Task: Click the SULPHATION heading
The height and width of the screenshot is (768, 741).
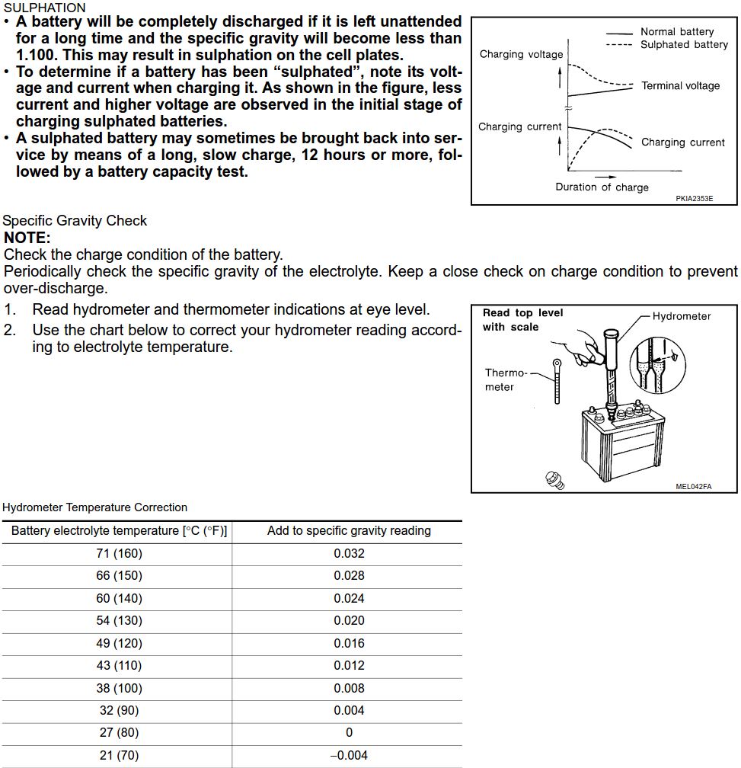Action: coord(44,7)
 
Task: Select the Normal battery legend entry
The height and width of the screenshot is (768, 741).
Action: coord(676,32)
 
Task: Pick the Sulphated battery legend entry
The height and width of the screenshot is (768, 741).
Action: coord(683,45)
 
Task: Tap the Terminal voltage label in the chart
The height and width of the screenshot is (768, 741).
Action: coord(680,86)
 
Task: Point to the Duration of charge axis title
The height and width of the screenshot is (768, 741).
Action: coord(602,187)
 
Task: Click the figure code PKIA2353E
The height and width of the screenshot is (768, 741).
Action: coord(694,199)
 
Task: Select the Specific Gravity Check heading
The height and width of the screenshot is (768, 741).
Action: coord(75,221)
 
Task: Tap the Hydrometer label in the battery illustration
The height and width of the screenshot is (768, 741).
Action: coord(681,317)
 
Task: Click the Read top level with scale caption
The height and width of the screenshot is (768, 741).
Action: coord(522,320)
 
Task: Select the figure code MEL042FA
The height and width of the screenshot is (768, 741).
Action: coord(693,487)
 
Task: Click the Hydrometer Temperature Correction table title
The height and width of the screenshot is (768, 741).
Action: coord(94,507)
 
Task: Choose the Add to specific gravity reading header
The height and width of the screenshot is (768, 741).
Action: coord(349,531)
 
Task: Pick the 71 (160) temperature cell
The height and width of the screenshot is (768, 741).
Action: coord(119,554)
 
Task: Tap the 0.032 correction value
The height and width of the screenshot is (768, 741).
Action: coord(349,554)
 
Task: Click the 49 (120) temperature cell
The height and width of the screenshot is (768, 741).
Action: coord(119,643)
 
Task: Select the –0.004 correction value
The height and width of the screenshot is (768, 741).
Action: coord(348,755)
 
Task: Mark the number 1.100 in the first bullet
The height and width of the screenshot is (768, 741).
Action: coord(37,55)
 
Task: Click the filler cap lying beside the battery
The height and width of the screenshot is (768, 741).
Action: coord(555,479)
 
